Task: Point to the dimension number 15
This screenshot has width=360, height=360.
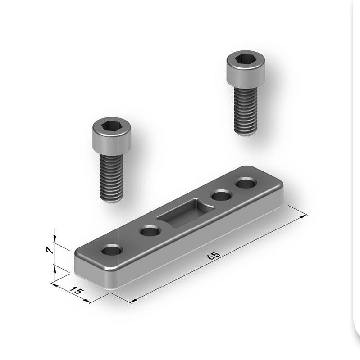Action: [77, 292]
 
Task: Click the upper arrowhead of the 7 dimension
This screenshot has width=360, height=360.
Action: [55, 238]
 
